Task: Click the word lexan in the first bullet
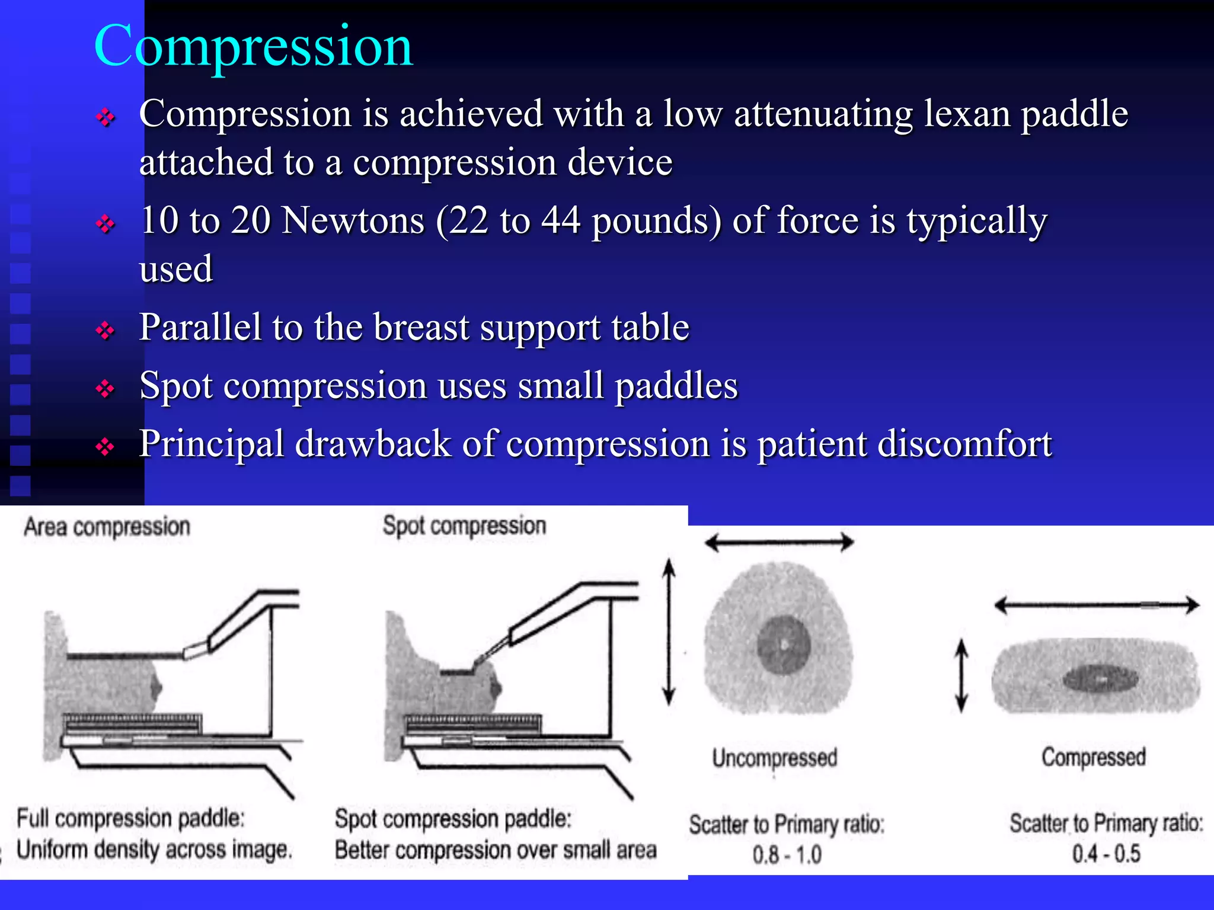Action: coord(966,114)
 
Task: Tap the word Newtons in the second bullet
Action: coord(353,220)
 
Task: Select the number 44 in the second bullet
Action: coord(560,220)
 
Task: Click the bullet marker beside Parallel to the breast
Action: coord(105,330)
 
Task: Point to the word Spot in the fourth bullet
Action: coord(175,386)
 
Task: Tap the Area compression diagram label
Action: coord(107,527)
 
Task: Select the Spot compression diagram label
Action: coord(464,526)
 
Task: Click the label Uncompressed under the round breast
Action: coord(774,758)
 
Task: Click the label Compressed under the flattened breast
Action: coord(1094,757)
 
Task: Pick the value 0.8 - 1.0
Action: coord(787,855)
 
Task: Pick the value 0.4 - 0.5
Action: coord(1106,854)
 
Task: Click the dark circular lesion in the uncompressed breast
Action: coord(784,645)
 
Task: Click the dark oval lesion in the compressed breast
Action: coord(1100,679)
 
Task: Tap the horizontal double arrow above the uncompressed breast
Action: coord(779,541)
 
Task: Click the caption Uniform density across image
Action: coord(154,850)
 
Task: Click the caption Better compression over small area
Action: coord(496,850)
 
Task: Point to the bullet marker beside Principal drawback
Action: coord(105,446)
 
